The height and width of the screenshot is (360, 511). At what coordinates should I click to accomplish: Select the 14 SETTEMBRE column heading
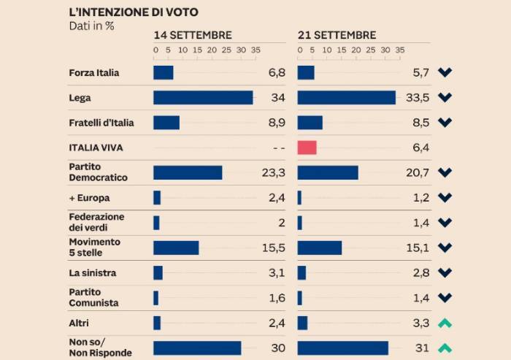[x=193, y=35]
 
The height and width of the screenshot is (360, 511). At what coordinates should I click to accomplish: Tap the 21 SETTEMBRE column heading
[x=337, y=35]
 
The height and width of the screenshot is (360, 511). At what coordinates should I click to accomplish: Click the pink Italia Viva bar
[x=307, y=148]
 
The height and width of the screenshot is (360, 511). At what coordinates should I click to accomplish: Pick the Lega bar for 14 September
[x=203, y=98]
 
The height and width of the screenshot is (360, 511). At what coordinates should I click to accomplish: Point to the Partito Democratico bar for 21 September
[x=328, y=172]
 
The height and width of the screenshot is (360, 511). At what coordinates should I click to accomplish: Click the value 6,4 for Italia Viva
[x=420, y=148]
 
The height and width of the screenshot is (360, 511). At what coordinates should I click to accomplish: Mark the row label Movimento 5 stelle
[x=95, y=248]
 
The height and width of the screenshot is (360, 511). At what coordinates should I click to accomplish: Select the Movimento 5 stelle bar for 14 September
[x=176, y=248]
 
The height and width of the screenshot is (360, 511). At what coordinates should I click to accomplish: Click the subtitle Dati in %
[x=92, y=25]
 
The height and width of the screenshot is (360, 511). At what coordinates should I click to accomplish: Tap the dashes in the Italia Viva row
[x=278, y=148]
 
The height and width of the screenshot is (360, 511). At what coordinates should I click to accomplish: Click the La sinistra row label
[x=93, y=272]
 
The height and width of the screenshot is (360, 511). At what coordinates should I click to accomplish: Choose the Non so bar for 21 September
[x=343, y=348]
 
